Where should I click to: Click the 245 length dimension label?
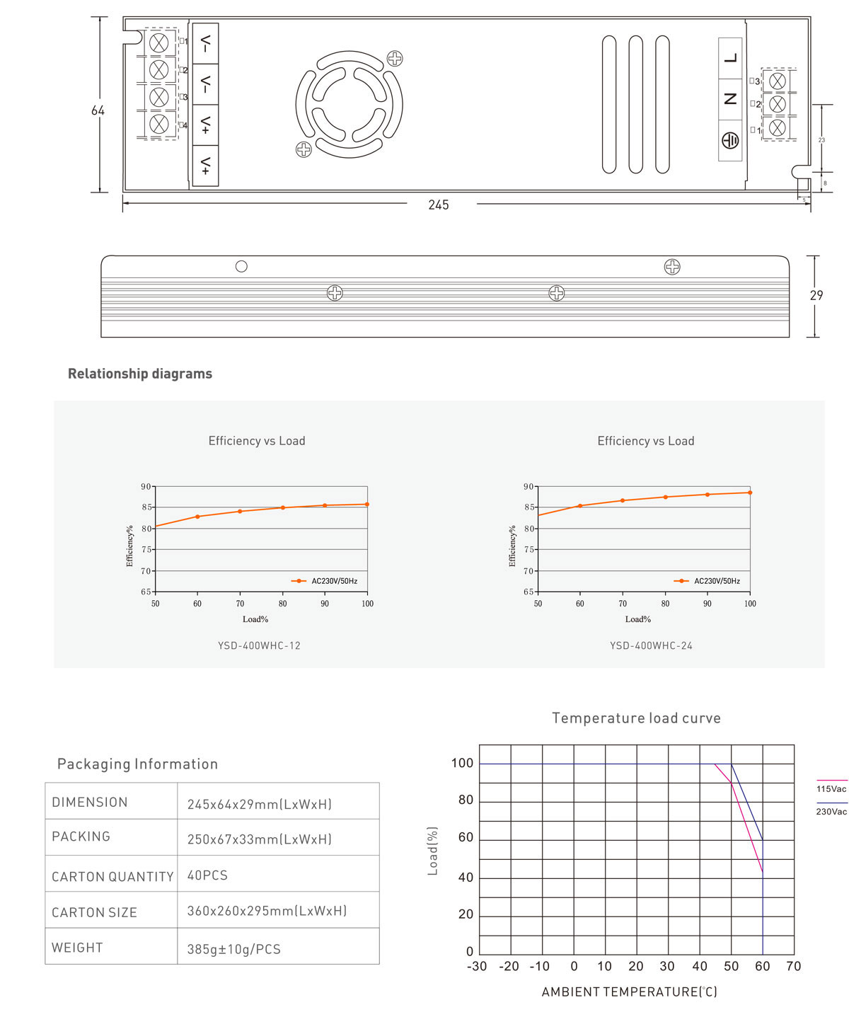click(439, 205)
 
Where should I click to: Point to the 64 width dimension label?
click(98, 110)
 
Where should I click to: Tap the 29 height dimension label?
click(816, 295)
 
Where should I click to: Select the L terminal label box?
click(730, 58)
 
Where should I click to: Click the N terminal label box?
click(730, 99)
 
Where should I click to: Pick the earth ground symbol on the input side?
click(730, 141)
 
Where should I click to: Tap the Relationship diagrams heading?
click(140, 374)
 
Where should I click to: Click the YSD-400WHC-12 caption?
click(259, 645)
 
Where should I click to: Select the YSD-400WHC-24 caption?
click(651, 645)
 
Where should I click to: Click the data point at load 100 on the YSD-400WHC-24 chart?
click(750, 493)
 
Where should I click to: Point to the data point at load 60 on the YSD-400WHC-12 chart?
click(197, 517)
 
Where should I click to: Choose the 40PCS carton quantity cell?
click(207, 875)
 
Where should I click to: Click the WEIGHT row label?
click(77, 948)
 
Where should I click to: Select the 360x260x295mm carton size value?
click(267, 911)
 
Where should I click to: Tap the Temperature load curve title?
click(636, 718)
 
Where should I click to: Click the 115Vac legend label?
click(831, 789)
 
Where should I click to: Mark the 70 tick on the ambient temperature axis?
click(794, 967)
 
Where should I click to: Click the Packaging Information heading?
click(137, 764)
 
